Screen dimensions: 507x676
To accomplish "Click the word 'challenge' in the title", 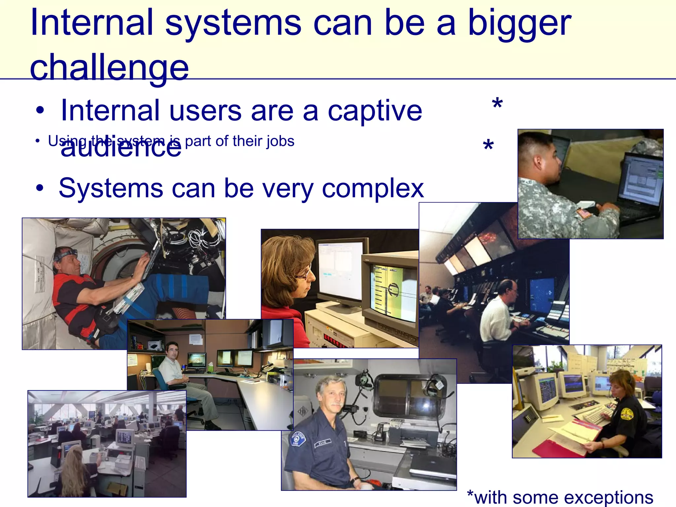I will [109, 68].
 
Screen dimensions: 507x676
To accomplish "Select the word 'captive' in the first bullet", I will [375, 111].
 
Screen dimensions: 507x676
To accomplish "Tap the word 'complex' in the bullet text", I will [373, 188].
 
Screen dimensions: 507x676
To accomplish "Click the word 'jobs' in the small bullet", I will [280, 141].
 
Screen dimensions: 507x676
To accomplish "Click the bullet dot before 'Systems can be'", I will [40, 188].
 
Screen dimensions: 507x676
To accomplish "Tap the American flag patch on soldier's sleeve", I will [584, 214].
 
